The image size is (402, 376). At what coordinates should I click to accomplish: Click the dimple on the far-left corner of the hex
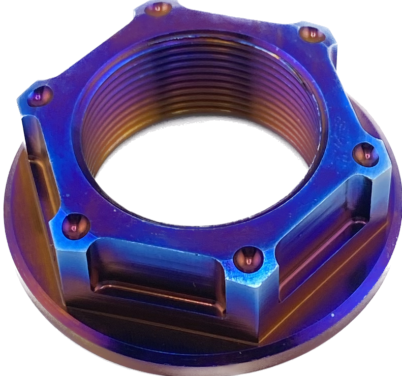39,95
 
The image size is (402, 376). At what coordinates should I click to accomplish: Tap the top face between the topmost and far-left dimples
97,51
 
